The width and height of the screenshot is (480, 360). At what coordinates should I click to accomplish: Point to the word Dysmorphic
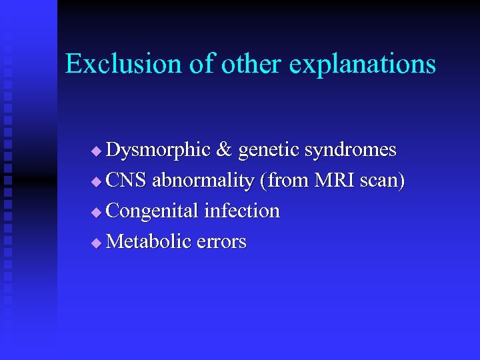pyautogui.click(x=158, y=150)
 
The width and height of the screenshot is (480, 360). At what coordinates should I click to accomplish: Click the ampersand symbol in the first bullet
pyautogui.click(x=224, y=150)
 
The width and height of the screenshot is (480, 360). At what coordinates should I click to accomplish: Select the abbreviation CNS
pyautogui.click(x=127, y=181)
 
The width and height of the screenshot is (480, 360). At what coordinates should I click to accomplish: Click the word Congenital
pyautogui.click(x=153, y=211)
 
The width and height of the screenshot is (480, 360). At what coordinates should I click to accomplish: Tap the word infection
pyautogui.click(x=241, y=211)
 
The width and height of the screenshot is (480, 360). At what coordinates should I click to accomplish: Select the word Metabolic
pyautogui.click(x=149, y=241)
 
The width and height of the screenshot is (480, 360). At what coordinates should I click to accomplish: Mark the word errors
pyautogui.click(x=222, y=242)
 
